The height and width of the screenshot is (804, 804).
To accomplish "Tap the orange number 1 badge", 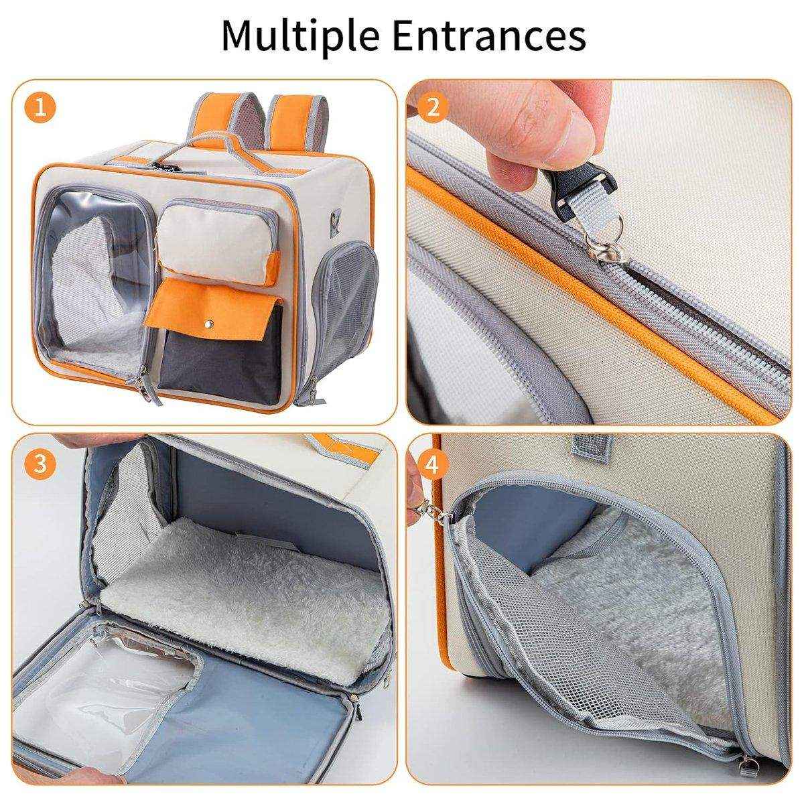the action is tap(40, 108).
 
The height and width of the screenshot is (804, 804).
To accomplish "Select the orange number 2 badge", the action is tap(433, 108).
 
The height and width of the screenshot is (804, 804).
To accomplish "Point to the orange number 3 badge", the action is tap(40, 464).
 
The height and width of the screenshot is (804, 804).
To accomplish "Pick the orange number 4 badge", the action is tap(433, 464).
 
